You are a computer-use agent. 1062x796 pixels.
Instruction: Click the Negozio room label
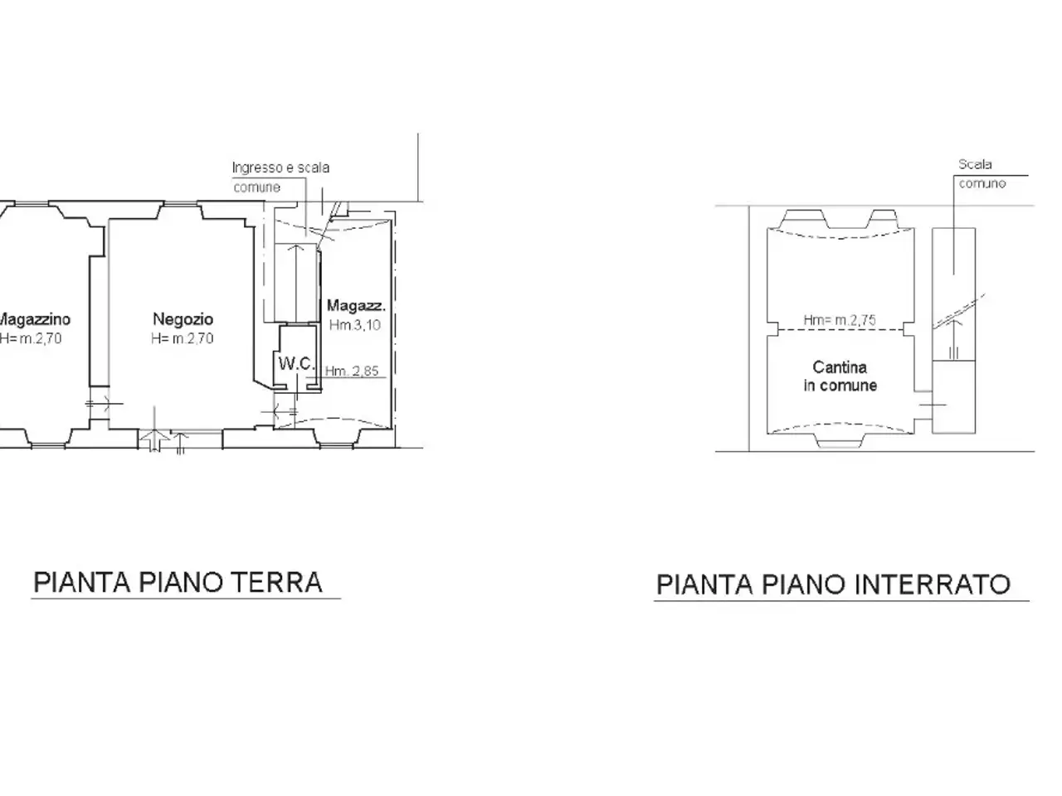coord(183,319)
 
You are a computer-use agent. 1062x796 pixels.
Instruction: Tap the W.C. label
coord(296,363)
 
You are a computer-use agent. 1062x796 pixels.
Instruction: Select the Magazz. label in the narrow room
coord(356,305)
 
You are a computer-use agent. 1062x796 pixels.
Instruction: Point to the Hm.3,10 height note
coord(354,325)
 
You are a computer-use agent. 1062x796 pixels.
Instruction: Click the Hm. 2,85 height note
coord(352,371)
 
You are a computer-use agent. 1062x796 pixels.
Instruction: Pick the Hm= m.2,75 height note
coord(840,320)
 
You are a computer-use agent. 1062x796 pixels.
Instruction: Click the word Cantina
coord(840,367)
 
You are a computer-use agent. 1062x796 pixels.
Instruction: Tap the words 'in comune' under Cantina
coord(840,386)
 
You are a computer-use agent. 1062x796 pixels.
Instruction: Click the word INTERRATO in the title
coord(933,585)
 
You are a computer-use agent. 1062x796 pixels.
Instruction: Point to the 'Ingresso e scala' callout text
coord(280,167)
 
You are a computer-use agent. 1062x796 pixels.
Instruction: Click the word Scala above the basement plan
coord(975,164)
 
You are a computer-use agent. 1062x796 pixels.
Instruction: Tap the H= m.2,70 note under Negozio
coord(183,338)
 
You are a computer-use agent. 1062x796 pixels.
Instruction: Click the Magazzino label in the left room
coord(34,319)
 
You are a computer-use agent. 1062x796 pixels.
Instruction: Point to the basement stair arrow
coord(953,339)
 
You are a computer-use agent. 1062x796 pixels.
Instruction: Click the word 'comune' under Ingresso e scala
coord(256,187)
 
